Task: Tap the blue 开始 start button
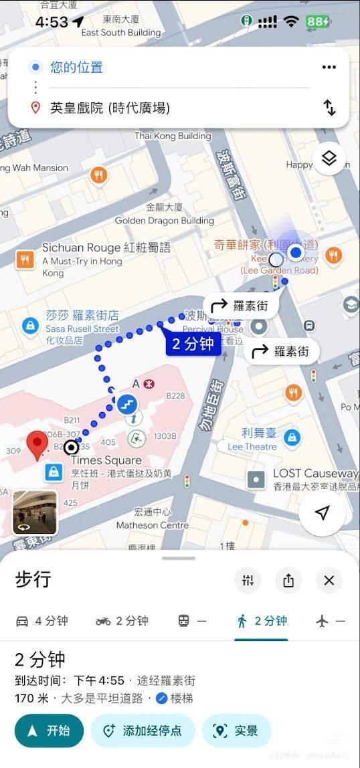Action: pyautogui.click(x=49, y=731)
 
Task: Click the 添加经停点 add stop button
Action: pyautogui.click(x=143, y=731)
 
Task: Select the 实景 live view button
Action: pyautogui.click(x=237, y=731)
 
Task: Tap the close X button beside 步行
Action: pyautogui.click(x=329, y=581)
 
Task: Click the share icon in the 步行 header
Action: pyautogui.click(x=288, y=581)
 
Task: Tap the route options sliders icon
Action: pyautogui.click(x=248, y=581)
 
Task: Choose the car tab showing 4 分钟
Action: pyautogui.click(x=41, y=621)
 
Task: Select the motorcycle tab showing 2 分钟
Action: pyautogui.click(x=122, y=621)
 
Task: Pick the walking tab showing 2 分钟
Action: pyautogui.click(x=262, y=621)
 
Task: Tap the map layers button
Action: pyautogui.click(x=329, y=159)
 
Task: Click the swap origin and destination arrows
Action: pyautogui.click(x=329, y=108)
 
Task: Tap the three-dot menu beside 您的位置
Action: pyautogui.click(x=329, y=68)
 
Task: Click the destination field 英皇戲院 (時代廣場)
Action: pyautogui.click(x=110, y=108)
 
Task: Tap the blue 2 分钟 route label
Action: pyautogui.click(x=193, y=345)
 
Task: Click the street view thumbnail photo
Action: pyautogui.click(x=35, y=512)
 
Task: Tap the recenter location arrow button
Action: pyautogui.click(x=323, y=513)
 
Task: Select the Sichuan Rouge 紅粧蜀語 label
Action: pyautogui.click(x=106, y=248)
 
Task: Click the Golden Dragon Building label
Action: pyautogui.click(x=164, y=220)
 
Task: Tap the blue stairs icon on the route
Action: pyautogui.click(x=126, y=404)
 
